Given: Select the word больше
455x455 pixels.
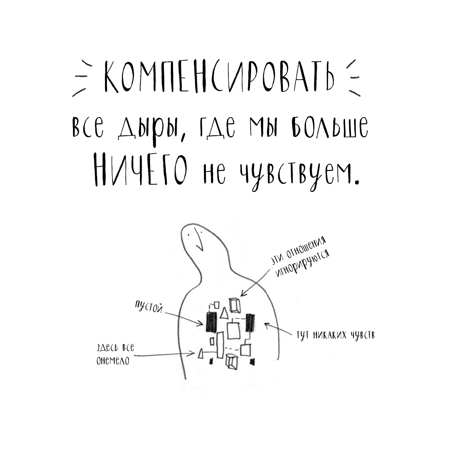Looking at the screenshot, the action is pyautogui.click(x=330, y=128).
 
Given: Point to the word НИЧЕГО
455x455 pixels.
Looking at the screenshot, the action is pyautogui.click(x=141, y=169).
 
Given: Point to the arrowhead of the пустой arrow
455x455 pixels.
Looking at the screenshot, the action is pyautogui.click(x=200, y=324).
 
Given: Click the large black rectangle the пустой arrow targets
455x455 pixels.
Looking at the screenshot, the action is pyautogui.click(x=211, y=323).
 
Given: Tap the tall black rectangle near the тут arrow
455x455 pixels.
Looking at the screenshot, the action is pyautogui.click(x=250, y=323).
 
